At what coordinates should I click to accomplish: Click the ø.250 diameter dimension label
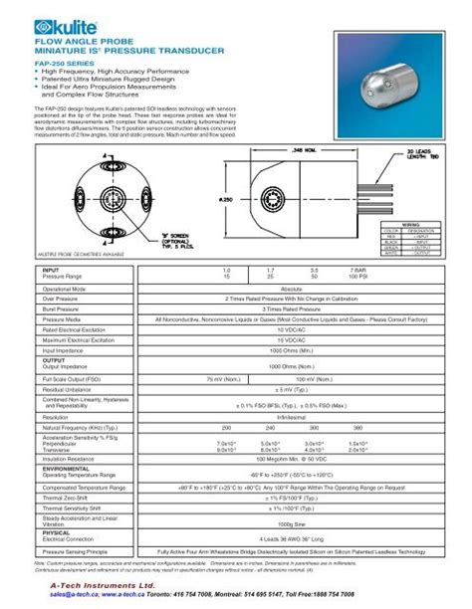(230, 198)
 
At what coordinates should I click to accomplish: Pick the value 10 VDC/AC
(263, 329)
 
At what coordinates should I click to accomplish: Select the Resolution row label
(56, 415)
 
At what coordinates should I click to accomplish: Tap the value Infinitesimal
(263, 415)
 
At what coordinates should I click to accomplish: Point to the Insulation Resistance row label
(66, 458)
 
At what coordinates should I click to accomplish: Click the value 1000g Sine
(263, 522)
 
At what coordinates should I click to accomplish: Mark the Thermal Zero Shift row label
(64, 498)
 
